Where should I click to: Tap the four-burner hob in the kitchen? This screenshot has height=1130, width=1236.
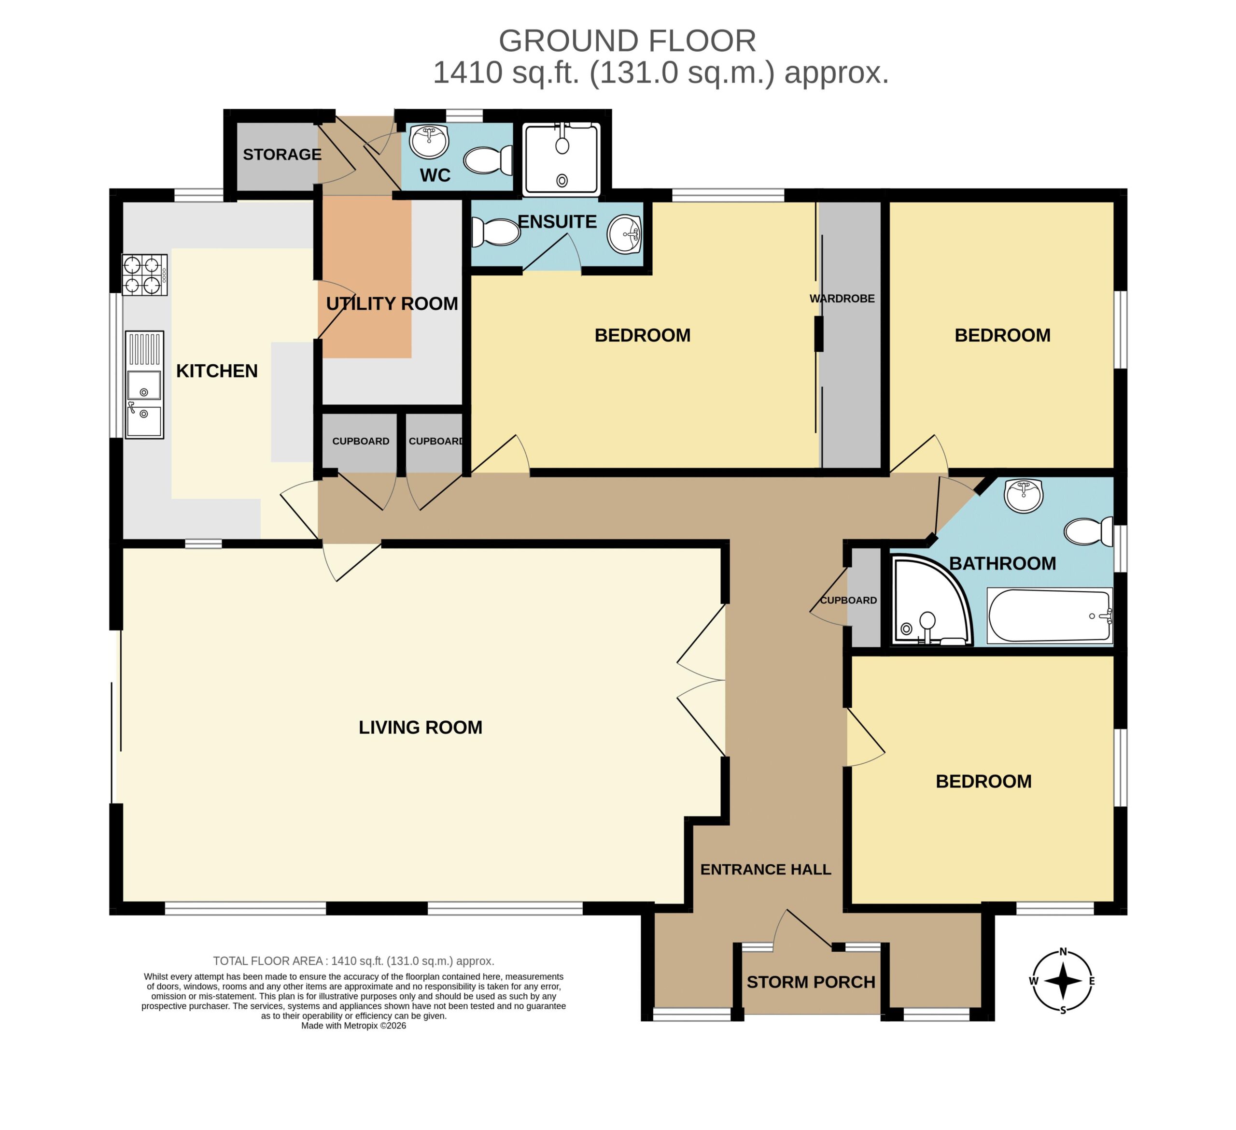pyautogui.click(x=145, y=275)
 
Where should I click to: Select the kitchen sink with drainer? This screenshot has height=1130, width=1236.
pyautogui.click(x=145, y=385)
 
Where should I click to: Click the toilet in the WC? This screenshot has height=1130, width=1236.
pyautogui.click(x=488, y=160)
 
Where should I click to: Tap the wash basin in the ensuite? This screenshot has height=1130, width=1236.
pyautogui.click(x=625, y=234)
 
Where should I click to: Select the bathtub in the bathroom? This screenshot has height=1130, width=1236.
pyautogui.click(x=1049, y=616)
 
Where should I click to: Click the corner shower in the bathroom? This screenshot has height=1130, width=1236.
pyautogui.click(x=931, y=601)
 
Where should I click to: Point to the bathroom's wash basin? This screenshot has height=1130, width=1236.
pyautogui.click(x=1023, y=496)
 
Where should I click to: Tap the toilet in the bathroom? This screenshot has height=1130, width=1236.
pyautogui.click(x=1088, y=531)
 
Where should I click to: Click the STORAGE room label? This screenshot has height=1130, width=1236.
pyautogui.click(x=282, y=155)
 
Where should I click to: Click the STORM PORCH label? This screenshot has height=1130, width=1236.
pyautogui.click(x=811, y=982)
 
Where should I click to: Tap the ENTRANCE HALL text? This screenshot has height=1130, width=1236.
pyautogui.click(x=766, y=869)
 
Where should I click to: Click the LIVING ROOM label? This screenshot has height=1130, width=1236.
pyautogui.click(x=420, y=728)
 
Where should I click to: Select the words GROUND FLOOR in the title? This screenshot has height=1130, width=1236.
pyautogui.click(x=627, y=41)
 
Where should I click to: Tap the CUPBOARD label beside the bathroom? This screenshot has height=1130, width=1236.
pyautogui.click(x=848, y=601)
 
